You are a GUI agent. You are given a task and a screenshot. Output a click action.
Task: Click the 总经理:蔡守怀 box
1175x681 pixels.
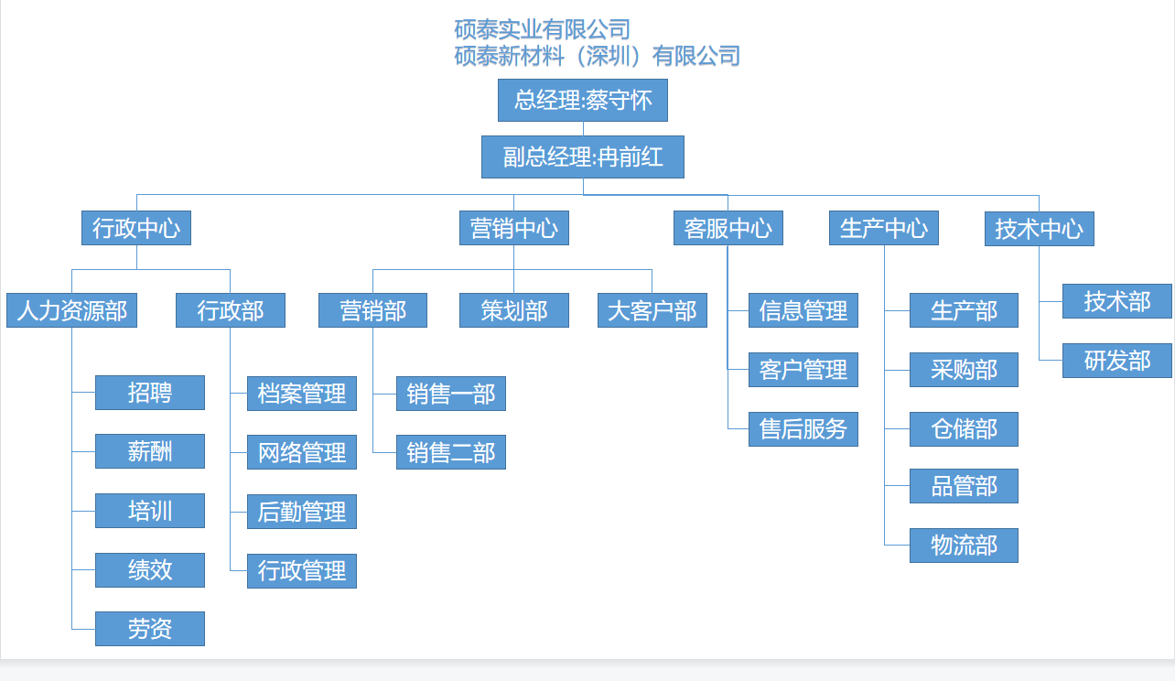pyautogui.click(x=583, y=100)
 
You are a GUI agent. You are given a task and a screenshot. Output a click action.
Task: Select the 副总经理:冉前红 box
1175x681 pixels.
pyautogui.click(x=583, y=157)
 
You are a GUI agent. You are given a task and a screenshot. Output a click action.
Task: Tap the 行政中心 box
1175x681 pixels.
pyautogui.click(x=136, y=228)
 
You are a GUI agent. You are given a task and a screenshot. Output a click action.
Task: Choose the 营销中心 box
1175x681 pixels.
pyautogui.click(x=514, y=228)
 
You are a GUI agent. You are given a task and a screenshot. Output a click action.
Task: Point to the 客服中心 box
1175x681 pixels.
pyautogui.click(x=728, y=228)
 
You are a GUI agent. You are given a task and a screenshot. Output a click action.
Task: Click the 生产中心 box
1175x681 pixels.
pyautogui.click(x=884, y=228)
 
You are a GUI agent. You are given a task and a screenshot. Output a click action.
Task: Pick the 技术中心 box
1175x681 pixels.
pyautogui.click(x=1040, y=229)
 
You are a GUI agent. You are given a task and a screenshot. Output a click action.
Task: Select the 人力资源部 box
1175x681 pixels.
pyautogui.click(x=72, y=310)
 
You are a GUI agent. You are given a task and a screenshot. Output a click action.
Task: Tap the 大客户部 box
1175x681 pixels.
pyautogui.click(x=652, y=310)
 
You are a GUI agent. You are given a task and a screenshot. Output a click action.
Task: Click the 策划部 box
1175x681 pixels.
pyautogui.click(x=514, y=310)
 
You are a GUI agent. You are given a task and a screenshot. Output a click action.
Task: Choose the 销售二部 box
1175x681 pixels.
pyautogui.click(x=451, y=452)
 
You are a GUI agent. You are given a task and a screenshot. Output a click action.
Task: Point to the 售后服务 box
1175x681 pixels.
pyautogui.click(x=803, y=429)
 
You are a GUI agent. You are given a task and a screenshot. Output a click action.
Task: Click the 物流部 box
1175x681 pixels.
pyautogui.click(x=965, y=546)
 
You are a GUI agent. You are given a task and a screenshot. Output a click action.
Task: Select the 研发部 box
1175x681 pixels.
pyautogui.click(x=1117, y=361)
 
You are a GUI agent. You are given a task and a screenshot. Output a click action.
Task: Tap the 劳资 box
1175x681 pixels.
pyautogui.click(x=150, y=629)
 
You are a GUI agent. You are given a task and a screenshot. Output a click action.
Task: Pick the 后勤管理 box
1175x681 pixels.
pyautogui.click(x=302, y=512)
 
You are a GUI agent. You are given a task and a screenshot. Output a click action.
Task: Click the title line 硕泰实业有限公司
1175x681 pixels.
pyautogui.click(x=542, y=29)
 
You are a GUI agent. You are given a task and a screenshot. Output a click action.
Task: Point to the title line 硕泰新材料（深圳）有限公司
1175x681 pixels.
pyautogui.click(x=597, y=56)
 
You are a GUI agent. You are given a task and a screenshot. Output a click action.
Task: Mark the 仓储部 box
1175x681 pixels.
pyautogui.click(x=965, y=429)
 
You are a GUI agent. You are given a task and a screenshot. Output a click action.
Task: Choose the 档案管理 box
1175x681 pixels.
pyautogui.click(x=302, y=394)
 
